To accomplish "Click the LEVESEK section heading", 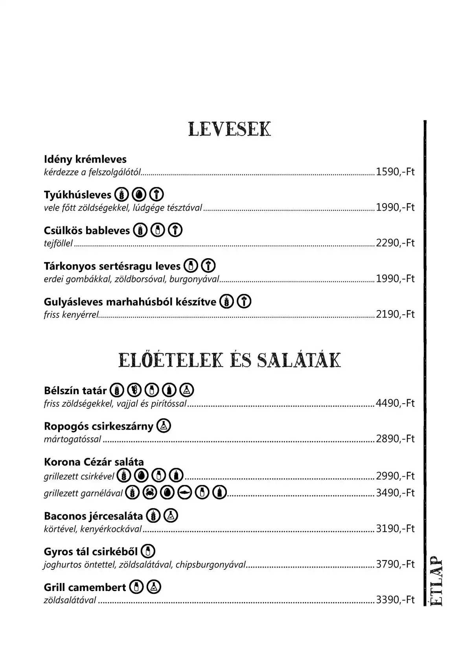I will point(230,129).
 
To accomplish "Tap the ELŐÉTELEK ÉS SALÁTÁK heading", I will point(230,360).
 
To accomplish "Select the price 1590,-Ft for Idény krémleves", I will point(395,172).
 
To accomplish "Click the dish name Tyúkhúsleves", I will point(78,195).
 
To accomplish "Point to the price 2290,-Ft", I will point(395,243).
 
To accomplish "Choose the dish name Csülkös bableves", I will point(87,230).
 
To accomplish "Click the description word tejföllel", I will point(59,244).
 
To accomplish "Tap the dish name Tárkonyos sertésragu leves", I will point(112,266).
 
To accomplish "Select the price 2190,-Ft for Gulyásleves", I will point(395,314).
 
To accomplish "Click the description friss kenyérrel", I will point(71,315).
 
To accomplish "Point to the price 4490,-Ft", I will point(395,404).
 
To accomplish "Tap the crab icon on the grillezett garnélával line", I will point(150,492).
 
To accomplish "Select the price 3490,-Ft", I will point(395,493).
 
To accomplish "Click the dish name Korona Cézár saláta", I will point(94,462).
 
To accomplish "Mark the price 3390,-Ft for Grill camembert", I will point(395,600).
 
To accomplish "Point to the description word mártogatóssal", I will point(73,439).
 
